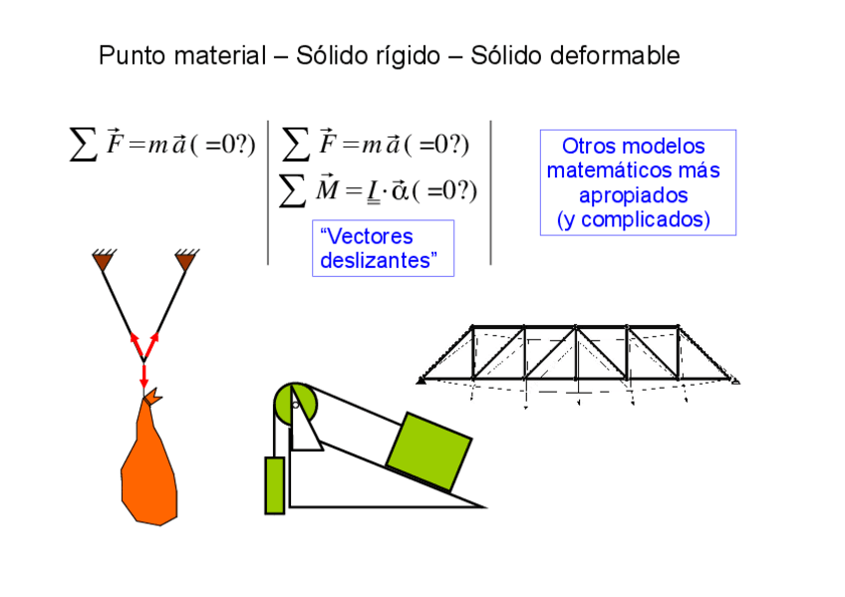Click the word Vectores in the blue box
pos(367,237)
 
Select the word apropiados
pos(634,195)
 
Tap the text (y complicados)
pos(636,219)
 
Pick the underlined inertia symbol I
pos(374,190)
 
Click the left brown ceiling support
pos(102,261)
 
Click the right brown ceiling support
pos(185,261)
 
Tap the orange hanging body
pos(149,463)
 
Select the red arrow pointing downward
pos(143,376)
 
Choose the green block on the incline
pos(427,451)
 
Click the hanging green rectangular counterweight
pos(274,485)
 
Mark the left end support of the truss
pos(422,379)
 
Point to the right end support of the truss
pos(734,379)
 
